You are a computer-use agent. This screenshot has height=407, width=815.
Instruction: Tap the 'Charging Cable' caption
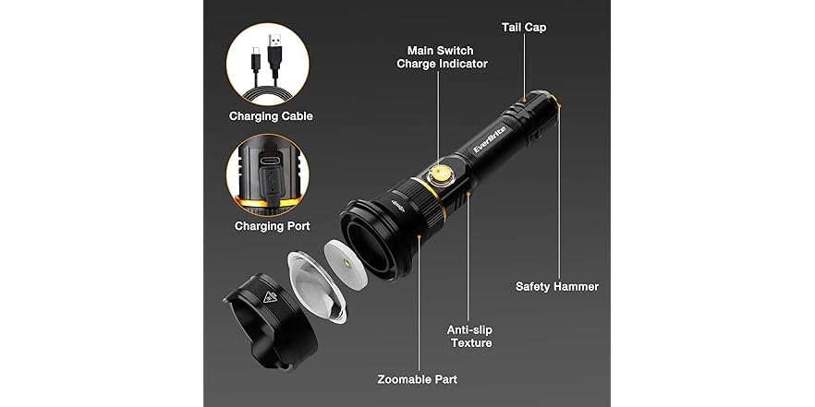coord(272,116)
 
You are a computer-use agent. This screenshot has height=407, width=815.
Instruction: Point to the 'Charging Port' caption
coord(272,225)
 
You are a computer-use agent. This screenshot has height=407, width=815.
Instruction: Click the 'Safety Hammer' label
coord(557,286)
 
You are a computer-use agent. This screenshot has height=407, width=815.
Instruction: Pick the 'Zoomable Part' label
coord(416,379)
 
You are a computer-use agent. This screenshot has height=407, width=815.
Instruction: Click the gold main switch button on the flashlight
coord(440,174)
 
